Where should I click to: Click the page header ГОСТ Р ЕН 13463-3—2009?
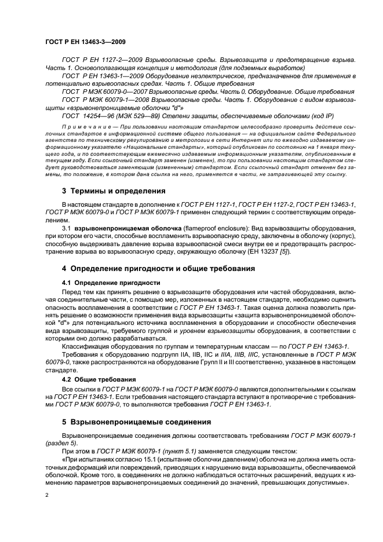pos(86,42)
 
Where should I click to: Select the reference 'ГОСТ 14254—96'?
pos(85,116)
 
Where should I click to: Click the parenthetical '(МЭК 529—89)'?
pos(136,116)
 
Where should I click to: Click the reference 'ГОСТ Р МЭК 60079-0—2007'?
pos(103,91)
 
